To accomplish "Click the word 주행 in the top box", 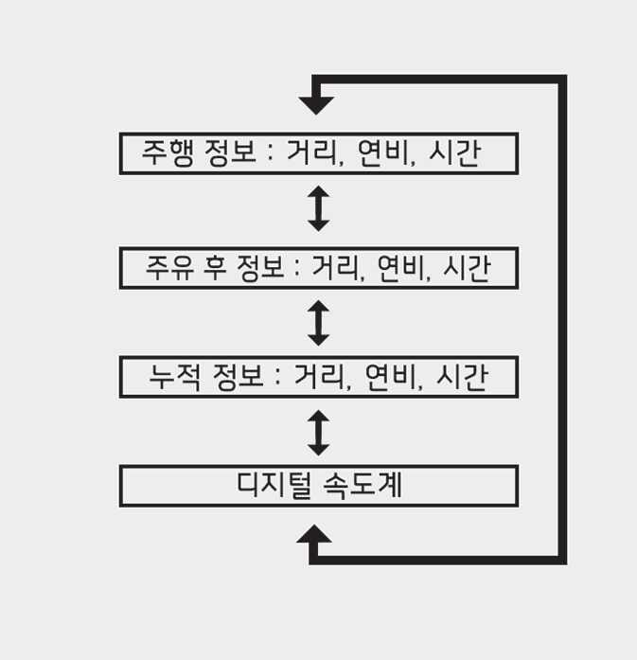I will click(x=168, y=153).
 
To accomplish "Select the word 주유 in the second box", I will click(x=170, y=268).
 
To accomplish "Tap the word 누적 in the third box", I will click(x=173, y=377).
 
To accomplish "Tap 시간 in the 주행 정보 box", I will click(x=455, y=153).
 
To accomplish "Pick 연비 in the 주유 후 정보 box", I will click(x=402, y=268).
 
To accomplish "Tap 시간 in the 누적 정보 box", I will click(x=461, y=377).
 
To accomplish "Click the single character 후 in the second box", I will click(x=219, y=268).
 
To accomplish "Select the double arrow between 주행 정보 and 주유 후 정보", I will click(x=319, y=208).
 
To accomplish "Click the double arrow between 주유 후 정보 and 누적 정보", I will click(x=319, y=322).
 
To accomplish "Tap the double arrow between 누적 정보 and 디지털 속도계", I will click(x=319, y=432).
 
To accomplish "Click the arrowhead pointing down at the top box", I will click(x=315, y=104).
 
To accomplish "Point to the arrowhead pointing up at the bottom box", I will click(x=315, y=536).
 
